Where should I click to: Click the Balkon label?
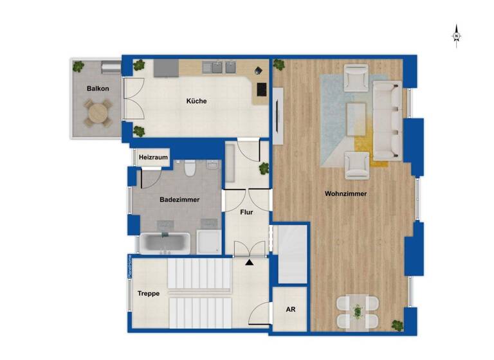98,89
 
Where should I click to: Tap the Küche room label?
197,101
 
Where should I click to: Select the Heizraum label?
152,157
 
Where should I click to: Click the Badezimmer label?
179,200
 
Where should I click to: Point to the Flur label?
246,212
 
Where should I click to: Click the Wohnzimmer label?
346,193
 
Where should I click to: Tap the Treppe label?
149,294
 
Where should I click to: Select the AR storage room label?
291,309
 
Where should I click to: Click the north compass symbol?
456,36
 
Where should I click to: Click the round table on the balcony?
98,114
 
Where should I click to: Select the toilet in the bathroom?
190,168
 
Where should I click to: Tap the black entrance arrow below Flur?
250,262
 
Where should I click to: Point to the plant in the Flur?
263,168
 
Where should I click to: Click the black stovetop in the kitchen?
262,89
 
